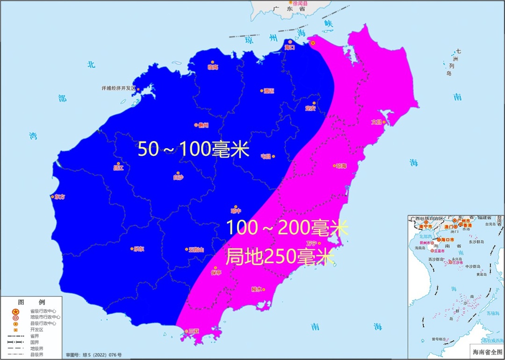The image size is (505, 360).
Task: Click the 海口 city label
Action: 290,47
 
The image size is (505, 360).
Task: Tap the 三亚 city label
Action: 193,331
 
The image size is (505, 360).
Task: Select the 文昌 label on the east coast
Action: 377,122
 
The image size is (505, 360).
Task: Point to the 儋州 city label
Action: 202,125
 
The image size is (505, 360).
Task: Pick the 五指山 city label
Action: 196,250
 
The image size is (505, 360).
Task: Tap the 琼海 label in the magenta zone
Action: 341,166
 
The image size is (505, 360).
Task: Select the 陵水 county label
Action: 257,289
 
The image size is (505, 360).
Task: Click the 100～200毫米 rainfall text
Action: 287,228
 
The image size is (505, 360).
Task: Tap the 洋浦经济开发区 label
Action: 118,88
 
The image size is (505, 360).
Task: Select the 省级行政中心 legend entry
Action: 43,311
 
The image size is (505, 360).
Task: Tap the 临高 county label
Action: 213,67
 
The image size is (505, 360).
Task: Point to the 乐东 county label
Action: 138,249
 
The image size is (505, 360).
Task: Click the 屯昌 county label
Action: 266,157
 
